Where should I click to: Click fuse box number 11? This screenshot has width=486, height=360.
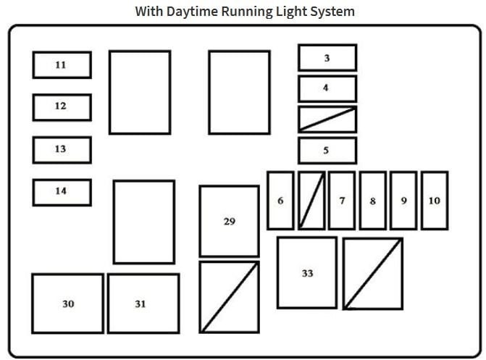[x=62, y=64]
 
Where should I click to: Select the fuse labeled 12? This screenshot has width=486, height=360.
[x=62, y=107]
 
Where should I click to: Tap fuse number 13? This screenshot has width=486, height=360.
[x=62, y=150]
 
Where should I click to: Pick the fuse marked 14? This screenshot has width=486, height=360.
[x=62, y=192]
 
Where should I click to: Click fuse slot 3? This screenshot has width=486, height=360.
[x=327, y=58]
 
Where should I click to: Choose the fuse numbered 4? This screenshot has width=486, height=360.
[x=327, y=88]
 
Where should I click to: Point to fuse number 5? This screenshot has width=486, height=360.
[x=327, y=151]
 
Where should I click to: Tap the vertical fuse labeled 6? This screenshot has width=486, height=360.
[x=280, y=201]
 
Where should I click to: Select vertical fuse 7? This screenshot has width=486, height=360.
[x=342, y=201]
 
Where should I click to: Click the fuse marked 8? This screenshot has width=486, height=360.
[x=373, y=201]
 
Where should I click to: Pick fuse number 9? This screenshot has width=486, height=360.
[x=403, y=201]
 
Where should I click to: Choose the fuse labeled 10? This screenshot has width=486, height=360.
[x=435, y=201]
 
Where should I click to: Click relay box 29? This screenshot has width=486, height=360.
[x=230, y=221]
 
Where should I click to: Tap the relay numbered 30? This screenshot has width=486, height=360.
[x=67, y=304]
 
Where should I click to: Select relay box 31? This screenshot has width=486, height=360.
[x=143, y=304]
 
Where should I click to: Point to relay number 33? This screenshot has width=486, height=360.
[x=307, y=272]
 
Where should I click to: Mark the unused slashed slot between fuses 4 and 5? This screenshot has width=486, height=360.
[x=327, y=120]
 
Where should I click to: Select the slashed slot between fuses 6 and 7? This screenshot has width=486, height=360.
[x=312, y=201]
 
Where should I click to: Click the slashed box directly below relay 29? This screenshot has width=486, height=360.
[x=230, y=297]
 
